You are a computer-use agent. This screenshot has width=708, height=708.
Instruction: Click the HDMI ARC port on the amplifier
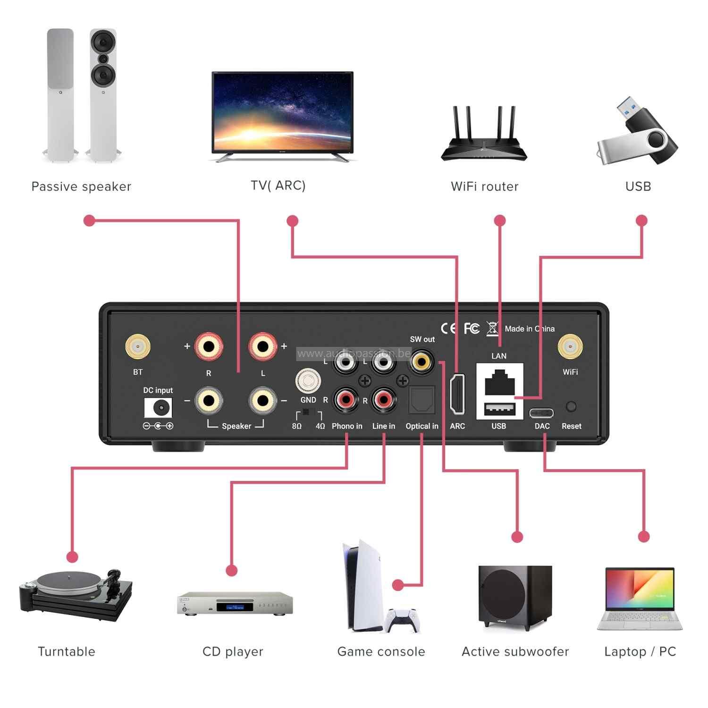pos(457,394)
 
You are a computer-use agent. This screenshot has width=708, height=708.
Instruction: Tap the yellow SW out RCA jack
pos(421,362)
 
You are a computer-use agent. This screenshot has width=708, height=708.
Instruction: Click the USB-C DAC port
pos(541,413)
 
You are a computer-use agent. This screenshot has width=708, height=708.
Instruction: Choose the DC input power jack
pos(158,407)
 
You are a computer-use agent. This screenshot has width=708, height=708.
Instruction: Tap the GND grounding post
pos(308,381)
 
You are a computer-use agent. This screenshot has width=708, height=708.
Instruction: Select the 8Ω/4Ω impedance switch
pos(308,413)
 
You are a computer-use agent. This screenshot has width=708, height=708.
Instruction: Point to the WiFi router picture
pos(484,137)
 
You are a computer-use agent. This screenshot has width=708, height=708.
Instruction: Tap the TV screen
pos(282,112)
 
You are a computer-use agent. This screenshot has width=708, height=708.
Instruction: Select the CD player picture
pos(235,603)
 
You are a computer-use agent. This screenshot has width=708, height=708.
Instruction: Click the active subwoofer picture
pos(514,597)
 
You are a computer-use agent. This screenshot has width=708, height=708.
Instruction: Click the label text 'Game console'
pos(381,652)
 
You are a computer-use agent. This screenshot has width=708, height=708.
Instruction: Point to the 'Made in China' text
pos(530,329)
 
